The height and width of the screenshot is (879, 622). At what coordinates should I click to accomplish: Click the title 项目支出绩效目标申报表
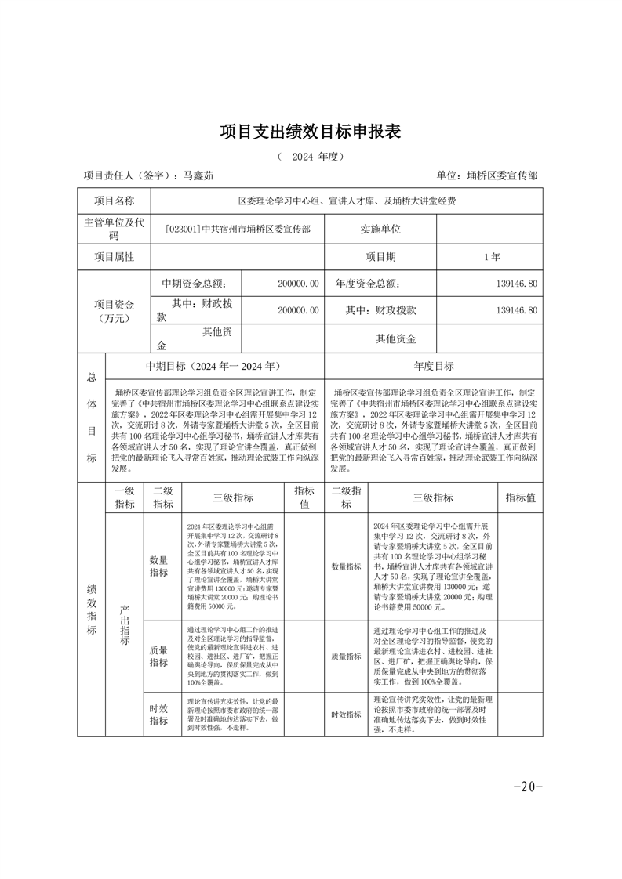pyautogui.click(x=311, y=132)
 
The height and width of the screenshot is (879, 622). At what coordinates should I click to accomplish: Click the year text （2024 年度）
pyautogui.click(x=311, y=157)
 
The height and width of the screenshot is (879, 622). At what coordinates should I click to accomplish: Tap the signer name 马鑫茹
pyautogui.click(x=198, y=176)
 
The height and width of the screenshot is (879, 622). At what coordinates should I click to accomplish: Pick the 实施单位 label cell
pyautogui.click(x=380, y=230)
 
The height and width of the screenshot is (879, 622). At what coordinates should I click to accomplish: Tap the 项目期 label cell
pyautogui.click(x=380, y=256)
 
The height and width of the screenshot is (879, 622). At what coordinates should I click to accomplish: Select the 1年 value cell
pyautogui.click(x=492, y=256)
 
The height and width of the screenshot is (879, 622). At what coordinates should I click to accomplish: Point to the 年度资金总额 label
pyautogui.click(x=367, y=284)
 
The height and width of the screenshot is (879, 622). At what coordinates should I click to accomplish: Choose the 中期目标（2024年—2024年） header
pyautogui.click(x=213, y=366)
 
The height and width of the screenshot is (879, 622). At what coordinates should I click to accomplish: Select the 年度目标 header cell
pyautogui.click(x=433, y=366)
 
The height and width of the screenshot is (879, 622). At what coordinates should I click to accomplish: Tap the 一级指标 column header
pyautogui.click(x=124, y=497)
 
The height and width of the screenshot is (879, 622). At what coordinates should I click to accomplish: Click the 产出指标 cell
pyautogui.click(x=124, y=624)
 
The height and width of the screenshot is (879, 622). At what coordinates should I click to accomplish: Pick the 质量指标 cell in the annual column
pyautogui.click(x=346, y=657)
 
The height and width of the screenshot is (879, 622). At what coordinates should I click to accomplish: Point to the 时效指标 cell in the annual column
pyautogui.click(x=346, y=714)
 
